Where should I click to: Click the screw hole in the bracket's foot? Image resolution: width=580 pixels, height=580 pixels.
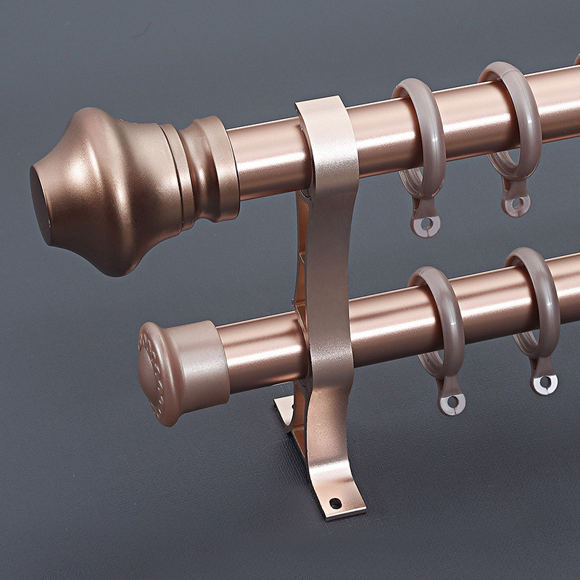[335, 502]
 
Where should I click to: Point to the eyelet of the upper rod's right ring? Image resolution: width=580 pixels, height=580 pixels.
[515, 205]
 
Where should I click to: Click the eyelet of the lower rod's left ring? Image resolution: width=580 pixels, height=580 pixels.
[452, 401]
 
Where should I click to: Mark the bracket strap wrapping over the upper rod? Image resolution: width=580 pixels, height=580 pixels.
[327, 130]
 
